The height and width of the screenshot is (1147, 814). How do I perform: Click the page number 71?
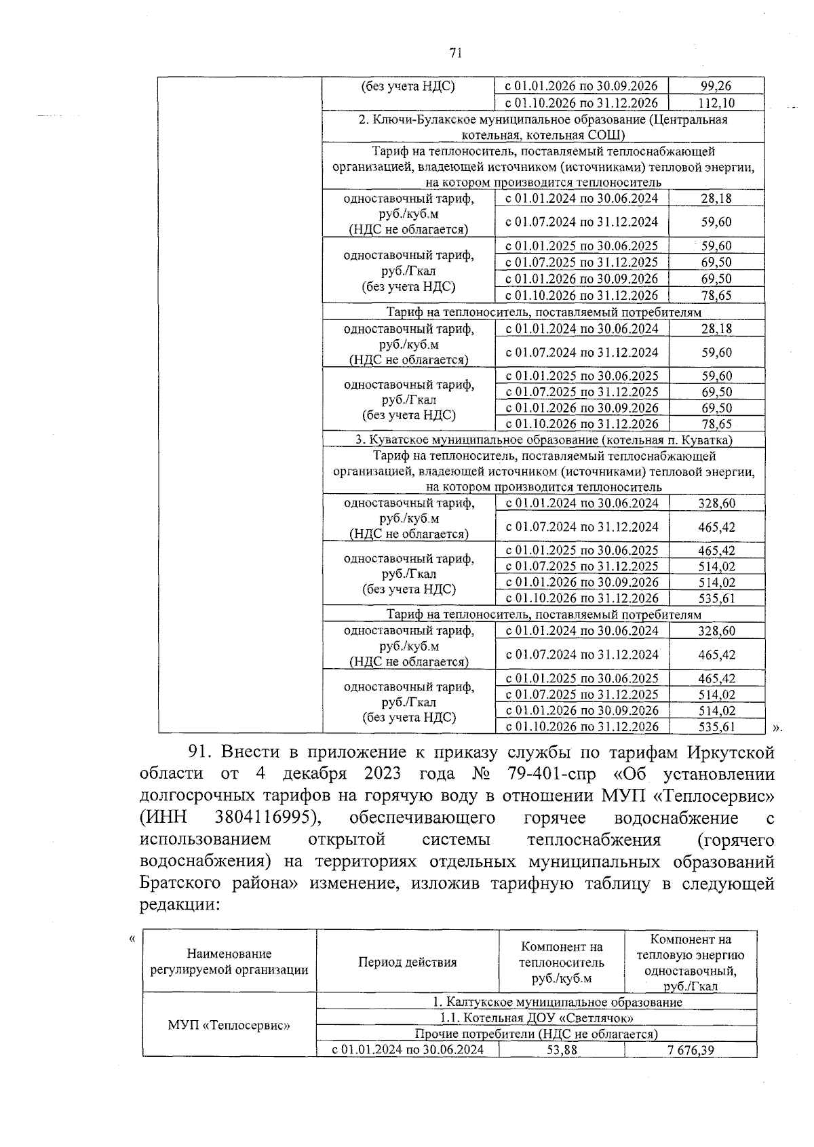455,54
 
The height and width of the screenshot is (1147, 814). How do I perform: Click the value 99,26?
716,86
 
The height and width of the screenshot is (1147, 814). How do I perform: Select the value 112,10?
716,103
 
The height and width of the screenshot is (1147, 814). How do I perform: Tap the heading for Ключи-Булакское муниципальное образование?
543,127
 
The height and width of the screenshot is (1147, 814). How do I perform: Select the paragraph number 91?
200,752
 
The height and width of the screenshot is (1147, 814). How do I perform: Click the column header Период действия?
407,962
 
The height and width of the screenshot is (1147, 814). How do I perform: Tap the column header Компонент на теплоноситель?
561,962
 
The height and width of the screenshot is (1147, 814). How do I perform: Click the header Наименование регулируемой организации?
229,962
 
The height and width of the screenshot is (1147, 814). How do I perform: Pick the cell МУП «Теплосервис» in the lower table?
229,1025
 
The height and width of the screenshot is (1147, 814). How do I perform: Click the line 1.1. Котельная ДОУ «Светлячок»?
536,1018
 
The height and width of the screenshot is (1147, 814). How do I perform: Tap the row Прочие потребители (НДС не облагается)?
536,1034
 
